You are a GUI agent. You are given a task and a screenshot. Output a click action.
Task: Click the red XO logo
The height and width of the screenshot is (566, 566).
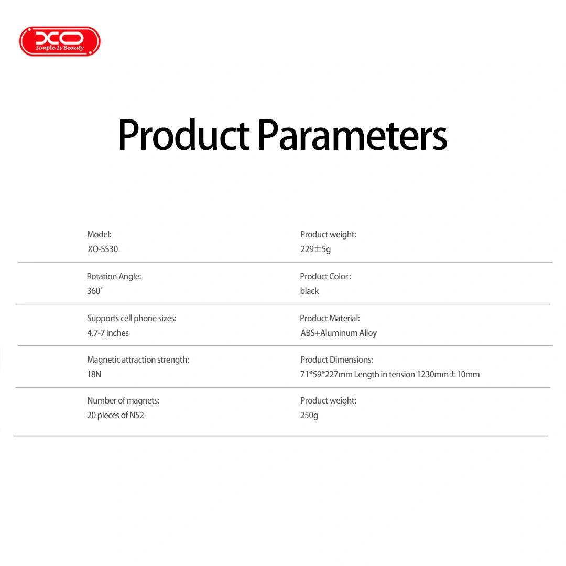click(x=60, y=41)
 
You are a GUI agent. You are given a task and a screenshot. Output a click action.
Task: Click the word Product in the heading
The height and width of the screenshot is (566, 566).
click(x=183, y=135)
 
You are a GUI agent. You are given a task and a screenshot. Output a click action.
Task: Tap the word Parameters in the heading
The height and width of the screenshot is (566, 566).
click(x=353, y=135)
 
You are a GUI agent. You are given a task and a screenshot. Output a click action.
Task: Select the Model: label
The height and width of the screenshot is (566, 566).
click(x=99, y=234)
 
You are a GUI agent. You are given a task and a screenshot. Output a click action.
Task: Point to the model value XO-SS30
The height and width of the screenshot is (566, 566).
click(x=103, y=249)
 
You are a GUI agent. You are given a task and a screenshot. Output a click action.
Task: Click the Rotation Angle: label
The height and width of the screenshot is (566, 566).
click(x=114, y=276)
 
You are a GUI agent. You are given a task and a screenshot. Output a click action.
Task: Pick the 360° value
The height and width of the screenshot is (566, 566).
click(x=95, y=291)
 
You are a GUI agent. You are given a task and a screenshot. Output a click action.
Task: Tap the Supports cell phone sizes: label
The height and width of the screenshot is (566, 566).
click(x=132, y=319)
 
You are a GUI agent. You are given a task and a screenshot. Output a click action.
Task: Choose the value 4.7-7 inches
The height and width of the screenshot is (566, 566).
click(x=108, y=333)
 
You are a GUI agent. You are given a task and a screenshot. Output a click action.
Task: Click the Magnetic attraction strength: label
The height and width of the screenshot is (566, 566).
click(x=138, y=360)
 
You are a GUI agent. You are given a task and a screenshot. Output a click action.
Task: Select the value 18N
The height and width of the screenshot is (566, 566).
click(x=94, y=374)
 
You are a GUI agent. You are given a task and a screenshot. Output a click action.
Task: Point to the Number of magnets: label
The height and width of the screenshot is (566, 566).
click(x=124, y=401)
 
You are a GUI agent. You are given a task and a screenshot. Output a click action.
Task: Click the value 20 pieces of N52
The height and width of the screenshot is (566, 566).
click(x=115, y=415)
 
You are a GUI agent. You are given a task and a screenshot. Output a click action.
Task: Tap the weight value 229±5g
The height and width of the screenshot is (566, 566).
click(x=315, y=249)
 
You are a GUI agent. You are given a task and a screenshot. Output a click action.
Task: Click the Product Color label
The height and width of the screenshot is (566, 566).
click(x=325, y=276)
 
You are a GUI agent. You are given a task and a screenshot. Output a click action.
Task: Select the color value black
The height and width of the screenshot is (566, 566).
click(x=309, y=291)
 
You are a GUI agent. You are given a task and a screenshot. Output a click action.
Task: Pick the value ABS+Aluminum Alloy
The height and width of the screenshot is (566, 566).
click(x=339, y=333)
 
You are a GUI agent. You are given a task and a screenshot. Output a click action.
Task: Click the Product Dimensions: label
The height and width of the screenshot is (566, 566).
click(x=336, y=360)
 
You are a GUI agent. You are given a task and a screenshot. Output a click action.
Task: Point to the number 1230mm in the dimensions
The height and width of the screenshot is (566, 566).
click(x=432, y=374)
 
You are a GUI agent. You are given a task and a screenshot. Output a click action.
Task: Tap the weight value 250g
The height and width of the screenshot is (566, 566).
click(x=309, y=416)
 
